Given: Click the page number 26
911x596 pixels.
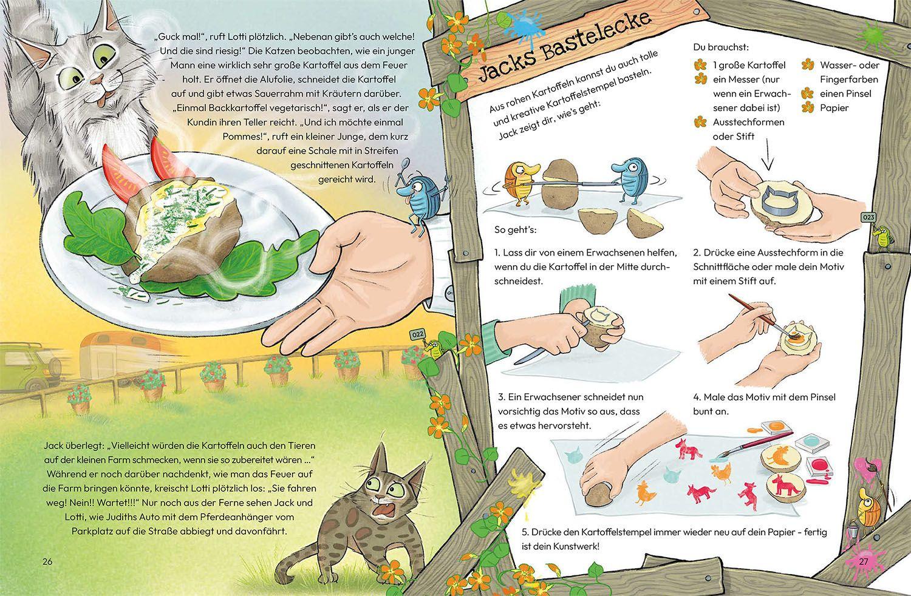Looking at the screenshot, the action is (x=47, y=561).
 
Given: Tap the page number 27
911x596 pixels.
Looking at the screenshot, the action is (x=863, y=561).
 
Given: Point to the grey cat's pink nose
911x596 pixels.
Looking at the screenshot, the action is (x=96, y=80).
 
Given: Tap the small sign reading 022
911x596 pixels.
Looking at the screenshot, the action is (x=418, y=334).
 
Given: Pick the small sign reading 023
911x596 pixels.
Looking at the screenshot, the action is (x=868, y=217).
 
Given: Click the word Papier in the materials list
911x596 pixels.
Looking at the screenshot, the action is (x=834, y=108).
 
